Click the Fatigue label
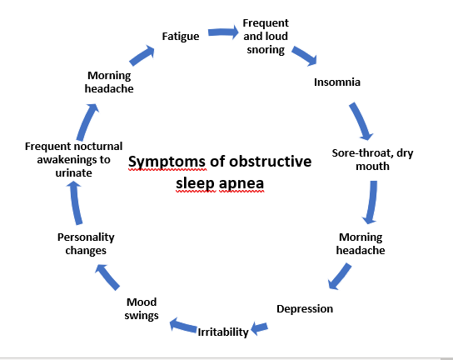181,37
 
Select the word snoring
266,50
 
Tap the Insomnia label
337,82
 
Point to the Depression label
305,309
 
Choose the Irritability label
223,332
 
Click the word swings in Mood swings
142,316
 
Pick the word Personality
86,237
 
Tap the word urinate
73,172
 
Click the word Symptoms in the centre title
167,162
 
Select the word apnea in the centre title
241,184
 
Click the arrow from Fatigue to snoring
223,32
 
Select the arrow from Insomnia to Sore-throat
361,121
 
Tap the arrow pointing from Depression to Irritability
259,328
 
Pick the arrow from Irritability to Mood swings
183,325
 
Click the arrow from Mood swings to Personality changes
107,277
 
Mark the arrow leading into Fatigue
142,55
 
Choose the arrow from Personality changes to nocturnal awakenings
76,202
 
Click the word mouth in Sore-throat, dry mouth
372,167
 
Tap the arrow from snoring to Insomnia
304,56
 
